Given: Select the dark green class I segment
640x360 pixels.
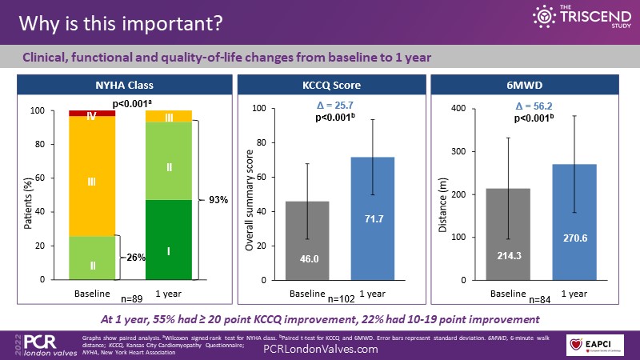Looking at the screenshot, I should click(x=169, y=240).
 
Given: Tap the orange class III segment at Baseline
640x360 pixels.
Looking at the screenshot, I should click(x=92, y=182).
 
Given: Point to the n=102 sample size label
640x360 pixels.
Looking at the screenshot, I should click(x=342, y=298).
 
